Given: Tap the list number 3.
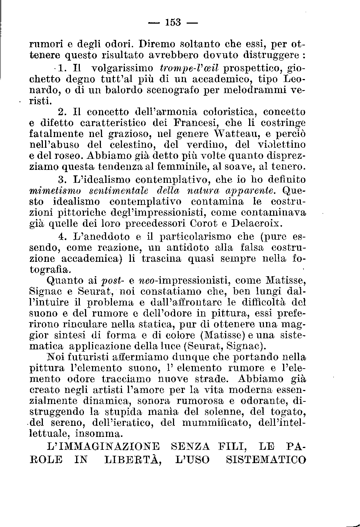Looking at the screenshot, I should click(62, 180).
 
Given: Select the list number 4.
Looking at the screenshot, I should click(62, 236).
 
